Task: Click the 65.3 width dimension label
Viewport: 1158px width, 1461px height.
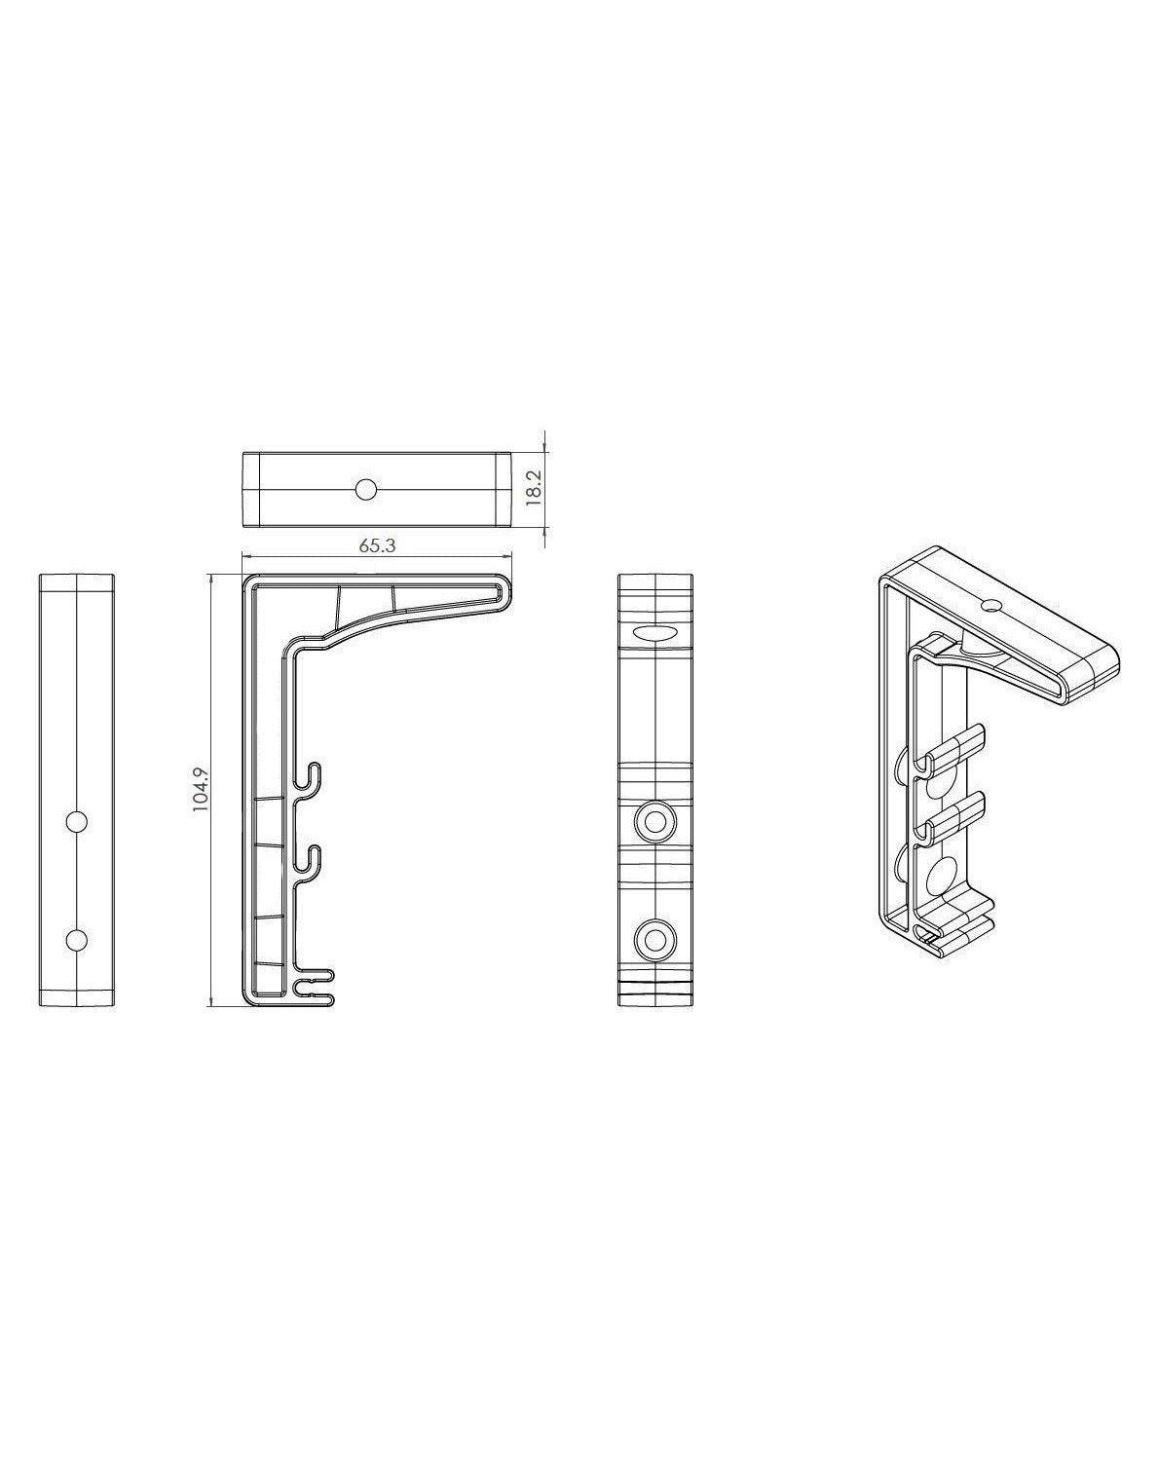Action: (x=377, y=545)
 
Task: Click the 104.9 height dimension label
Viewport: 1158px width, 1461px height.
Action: (x=201, y=789)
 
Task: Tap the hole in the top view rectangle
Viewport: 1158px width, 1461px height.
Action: (x=365, y=489)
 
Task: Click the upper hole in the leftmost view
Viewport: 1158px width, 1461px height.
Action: (x=76, y=822)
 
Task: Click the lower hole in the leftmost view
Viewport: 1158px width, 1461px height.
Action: (x=76, y=939)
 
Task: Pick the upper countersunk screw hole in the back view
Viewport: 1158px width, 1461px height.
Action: (x=655, y=822)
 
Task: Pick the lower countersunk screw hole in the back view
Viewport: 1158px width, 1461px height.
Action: (x=655, y=939)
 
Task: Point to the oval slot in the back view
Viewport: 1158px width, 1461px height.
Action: (x=655, y=633)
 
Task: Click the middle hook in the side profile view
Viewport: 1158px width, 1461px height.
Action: (x=311, y=858)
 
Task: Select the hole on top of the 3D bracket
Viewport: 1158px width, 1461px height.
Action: (x=991, y=606)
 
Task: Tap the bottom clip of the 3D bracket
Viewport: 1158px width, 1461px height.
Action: (x=959, y=925)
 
